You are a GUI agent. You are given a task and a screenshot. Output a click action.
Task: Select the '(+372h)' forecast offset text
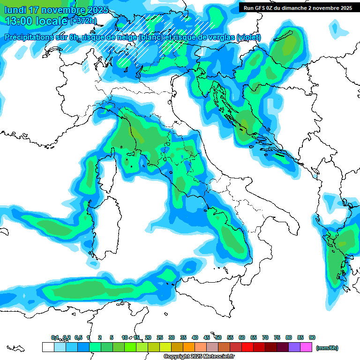tap(83, 21)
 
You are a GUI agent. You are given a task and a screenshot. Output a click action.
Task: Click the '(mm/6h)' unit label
tap(327, 348)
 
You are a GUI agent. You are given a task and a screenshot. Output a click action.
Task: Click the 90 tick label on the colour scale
tap(312, 337)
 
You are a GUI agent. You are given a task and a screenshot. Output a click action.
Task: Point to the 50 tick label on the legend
tap(218, 337)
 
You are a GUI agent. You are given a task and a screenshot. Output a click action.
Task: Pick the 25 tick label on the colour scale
tap(160, 337)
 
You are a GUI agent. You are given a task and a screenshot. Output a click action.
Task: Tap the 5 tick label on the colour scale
tap(112, 337)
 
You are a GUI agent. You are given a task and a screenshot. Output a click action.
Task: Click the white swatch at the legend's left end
tap(48, 347)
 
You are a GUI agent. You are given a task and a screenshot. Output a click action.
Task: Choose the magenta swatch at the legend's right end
tap(306, 347)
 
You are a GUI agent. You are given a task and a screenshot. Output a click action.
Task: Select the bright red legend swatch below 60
tap(247, 347)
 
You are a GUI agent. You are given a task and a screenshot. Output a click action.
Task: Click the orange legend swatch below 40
tap(189, 347)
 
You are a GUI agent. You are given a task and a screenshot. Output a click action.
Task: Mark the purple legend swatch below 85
tap(294, 347)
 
